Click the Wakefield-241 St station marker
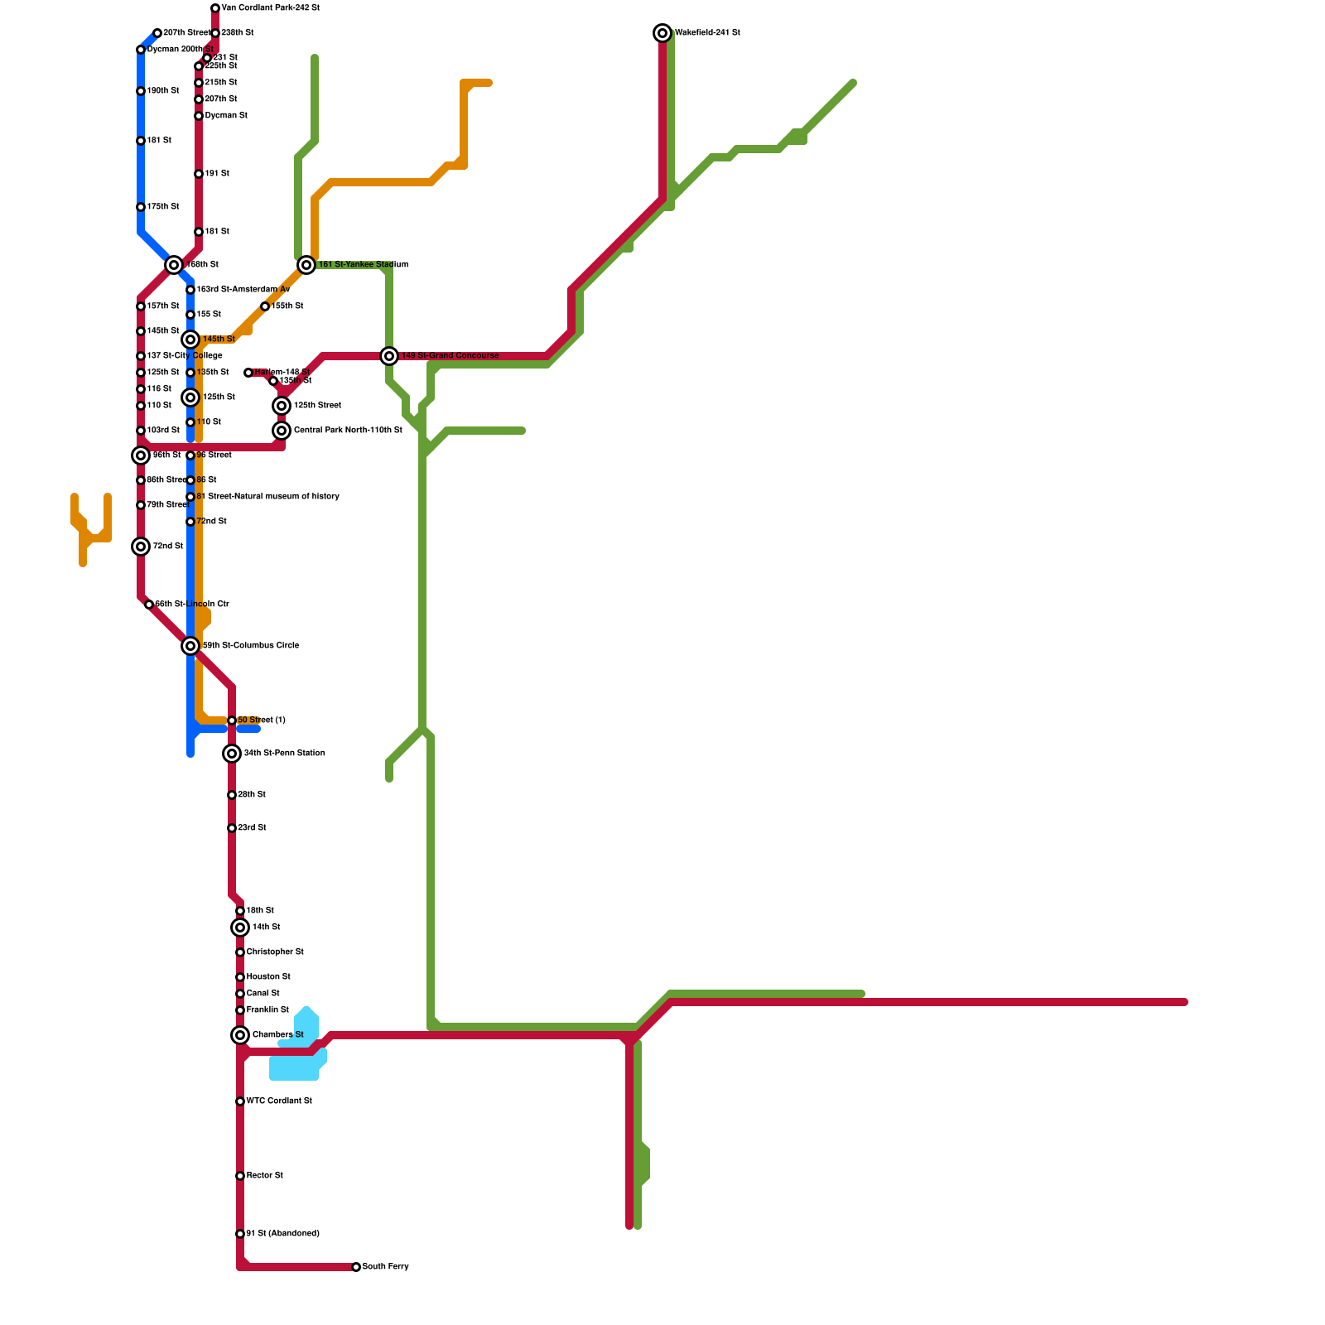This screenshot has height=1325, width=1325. click(x=662, y=33)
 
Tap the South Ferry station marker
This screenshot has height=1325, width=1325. click(x=356, y=1267)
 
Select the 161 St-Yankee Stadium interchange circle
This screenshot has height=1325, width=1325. click(x=306, y=265)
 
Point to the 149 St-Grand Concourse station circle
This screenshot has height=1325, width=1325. click(x=389, y=356)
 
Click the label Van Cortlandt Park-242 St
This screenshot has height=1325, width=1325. click(x=271, y=8)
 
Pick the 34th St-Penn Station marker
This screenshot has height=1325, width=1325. click(x=232, y=754)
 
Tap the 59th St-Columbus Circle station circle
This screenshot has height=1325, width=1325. click(x=190, y=646)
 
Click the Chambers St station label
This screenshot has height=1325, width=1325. click(x=277, y=1035)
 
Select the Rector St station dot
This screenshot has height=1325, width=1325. click(x=240, y=1176)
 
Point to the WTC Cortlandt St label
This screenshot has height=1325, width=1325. click(x=279, y=1101)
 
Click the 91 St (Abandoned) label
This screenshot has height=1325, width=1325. click(x=282, y=1234)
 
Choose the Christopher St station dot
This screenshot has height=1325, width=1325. click(x=240, y=952)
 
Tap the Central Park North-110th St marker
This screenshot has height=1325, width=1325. click(x=282, y=431)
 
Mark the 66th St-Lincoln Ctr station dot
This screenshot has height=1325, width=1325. click(x=149, y=605)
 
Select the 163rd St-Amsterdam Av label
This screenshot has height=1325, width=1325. click(x=243, y=290)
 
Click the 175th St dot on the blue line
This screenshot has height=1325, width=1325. click(x=141, y=207)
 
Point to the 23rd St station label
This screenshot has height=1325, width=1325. click(x=252, y=828)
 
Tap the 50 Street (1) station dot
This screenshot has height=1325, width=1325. click(x=232, y=720)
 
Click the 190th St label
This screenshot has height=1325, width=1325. click(x=163, y=91)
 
